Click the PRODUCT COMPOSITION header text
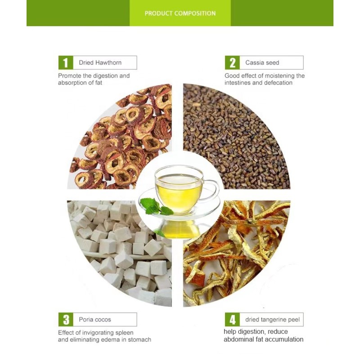point(180,13)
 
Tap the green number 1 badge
point(66,63)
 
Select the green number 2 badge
point(232,63)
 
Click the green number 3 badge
point(66,319)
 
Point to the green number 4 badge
point(232,320)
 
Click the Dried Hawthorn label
point(100,63)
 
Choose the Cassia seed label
point(262,63)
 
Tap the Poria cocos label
point(94,319)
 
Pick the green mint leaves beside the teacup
point(155,207)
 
